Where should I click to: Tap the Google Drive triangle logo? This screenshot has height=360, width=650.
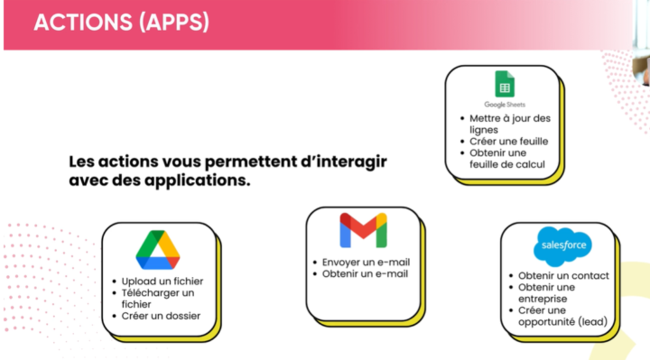[158, 250]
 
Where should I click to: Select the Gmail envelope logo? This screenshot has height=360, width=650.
[363, 231]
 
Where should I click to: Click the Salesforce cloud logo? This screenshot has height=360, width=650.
[560, 245]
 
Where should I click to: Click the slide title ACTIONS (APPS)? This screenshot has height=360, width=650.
[121, 23]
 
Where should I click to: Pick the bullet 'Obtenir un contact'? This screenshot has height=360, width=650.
[563, 275]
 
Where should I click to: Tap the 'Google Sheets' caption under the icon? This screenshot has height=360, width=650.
[504, 105]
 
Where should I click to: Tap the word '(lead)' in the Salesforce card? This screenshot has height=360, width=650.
[590, 322]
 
